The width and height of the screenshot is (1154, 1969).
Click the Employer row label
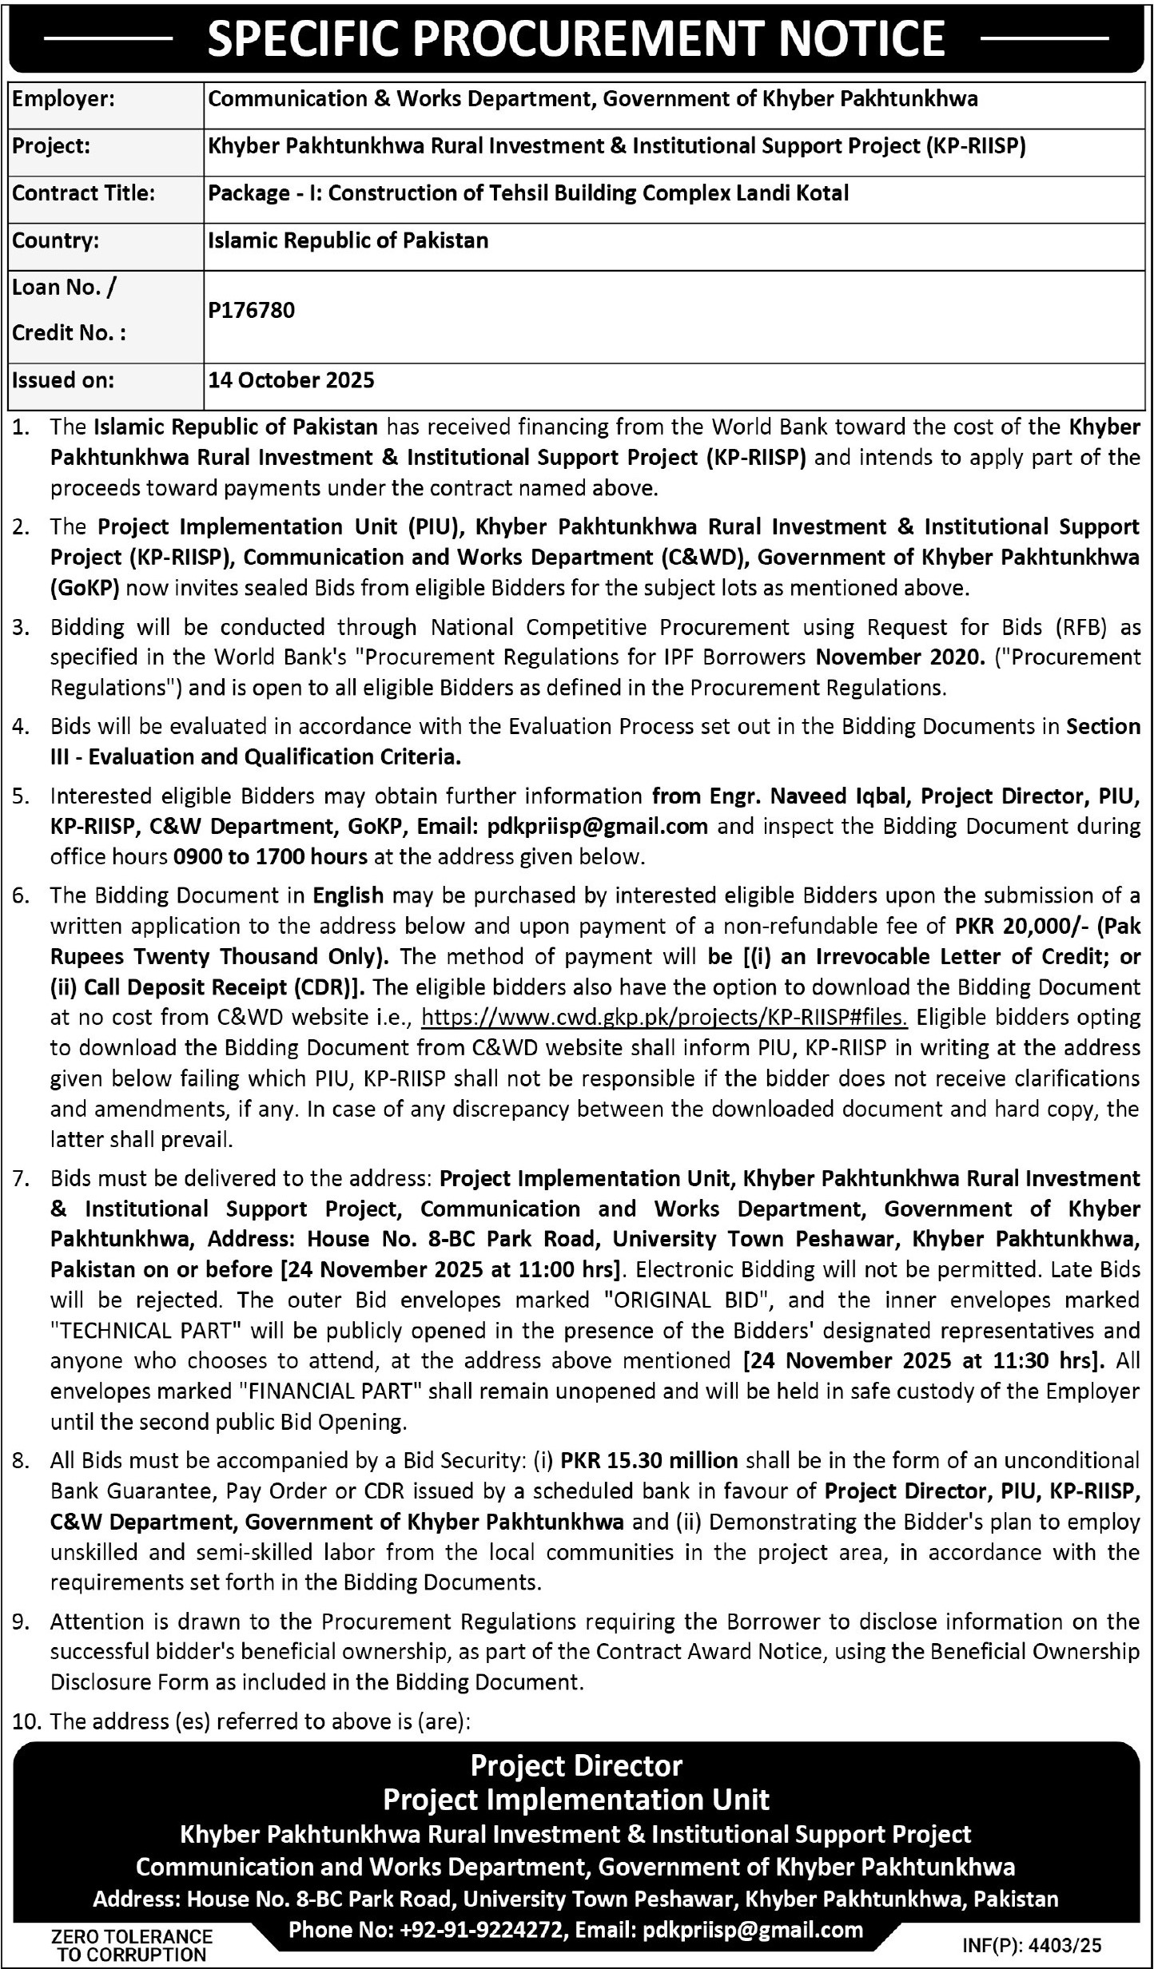click(x=64, y=100)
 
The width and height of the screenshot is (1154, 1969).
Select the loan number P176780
click(x=252, y=310)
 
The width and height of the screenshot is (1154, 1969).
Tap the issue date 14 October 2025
click(x=292, y=380)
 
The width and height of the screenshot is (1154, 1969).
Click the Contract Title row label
click(x=83, y=193)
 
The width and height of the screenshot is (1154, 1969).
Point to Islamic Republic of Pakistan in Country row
click(x=348, y=240)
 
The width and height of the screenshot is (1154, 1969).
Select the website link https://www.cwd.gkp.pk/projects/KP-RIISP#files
click(x=664, y=1018)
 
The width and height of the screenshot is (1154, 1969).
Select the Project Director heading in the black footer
click(x=576, y=1765)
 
